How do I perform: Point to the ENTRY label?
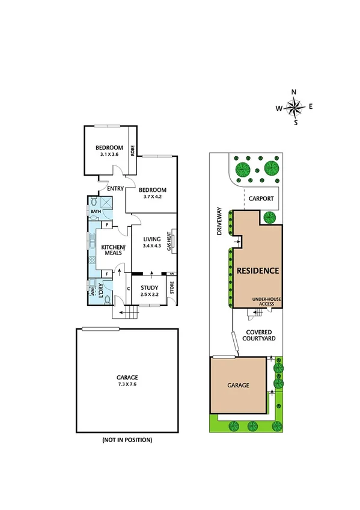[x=115, y=189]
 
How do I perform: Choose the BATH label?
[x=96, y=212]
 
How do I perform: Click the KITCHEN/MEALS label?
[x=112, y=250]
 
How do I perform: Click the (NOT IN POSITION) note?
[x=127, y=440]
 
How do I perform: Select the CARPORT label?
[x=261, y=198]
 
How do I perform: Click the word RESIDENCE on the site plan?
[x=258, y=271]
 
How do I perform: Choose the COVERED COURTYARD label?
[x=260, y=336]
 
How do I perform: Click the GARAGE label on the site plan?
[x=237, y=386]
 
